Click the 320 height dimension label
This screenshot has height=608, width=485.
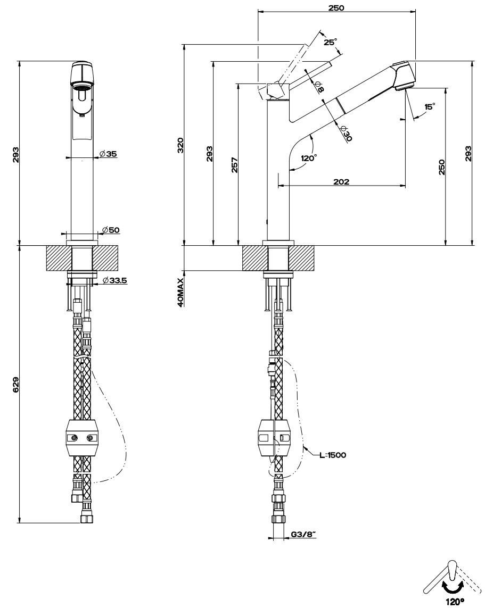pos(180,144)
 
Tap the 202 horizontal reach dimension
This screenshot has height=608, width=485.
pos(341,181)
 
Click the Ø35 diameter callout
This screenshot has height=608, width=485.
pos(108,154)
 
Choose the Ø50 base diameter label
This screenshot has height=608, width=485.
pos(111,230)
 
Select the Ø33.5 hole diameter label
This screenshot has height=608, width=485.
pos(114,280)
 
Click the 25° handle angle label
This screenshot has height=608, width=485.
pos(330,42)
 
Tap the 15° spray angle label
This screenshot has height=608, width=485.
pos(429,106)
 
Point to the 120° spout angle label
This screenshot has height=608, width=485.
pos(308,158)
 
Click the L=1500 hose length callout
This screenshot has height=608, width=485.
pos(333,455)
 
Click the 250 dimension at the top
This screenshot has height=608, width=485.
pos(336,8)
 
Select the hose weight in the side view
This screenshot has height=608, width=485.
pos(275,438)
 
